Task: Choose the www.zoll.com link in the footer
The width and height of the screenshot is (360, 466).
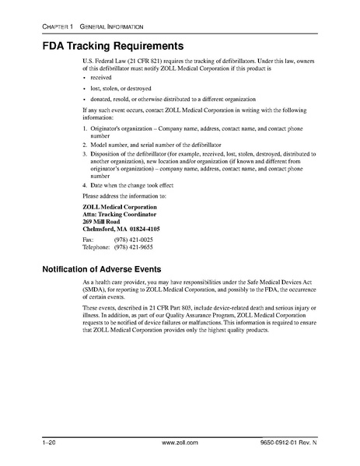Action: point(179,443)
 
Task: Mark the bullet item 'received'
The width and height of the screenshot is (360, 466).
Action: point(103,79)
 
